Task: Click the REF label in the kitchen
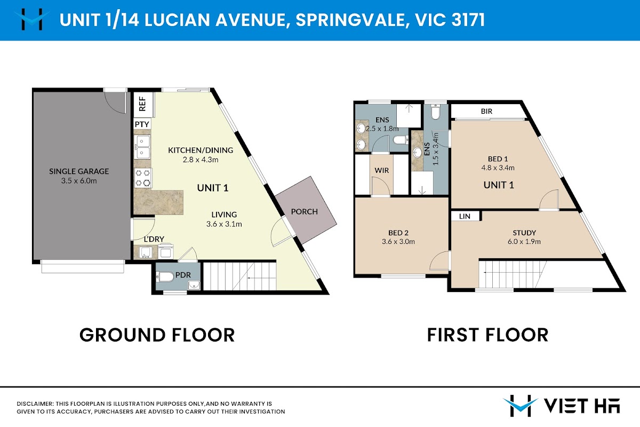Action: (x=142, y=104)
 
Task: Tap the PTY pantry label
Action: (x=142, y=124)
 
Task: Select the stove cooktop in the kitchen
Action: (x=143, y=178)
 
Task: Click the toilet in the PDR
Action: (x=165, y=277)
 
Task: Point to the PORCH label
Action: (x=305, y=212)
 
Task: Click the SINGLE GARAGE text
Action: (x=79, y=171)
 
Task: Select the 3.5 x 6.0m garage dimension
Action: (x=79, y=181)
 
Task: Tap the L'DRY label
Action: (x=154, y=239)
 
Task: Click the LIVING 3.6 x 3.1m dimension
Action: (x=224, y=224)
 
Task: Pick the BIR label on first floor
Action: (x=486, y=111)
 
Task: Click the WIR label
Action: (x=382, y=170)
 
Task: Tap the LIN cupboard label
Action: (x=465, y=217)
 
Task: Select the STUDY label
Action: (x=524, y=233)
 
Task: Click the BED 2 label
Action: (x=398, y=233)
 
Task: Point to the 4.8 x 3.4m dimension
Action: (x=498, y=168)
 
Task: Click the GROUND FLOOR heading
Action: (x=157, y=335)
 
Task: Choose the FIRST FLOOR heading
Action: (x=487, y=335)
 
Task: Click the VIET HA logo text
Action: (x=582, y=406)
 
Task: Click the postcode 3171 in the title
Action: (x=468, y=20)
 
